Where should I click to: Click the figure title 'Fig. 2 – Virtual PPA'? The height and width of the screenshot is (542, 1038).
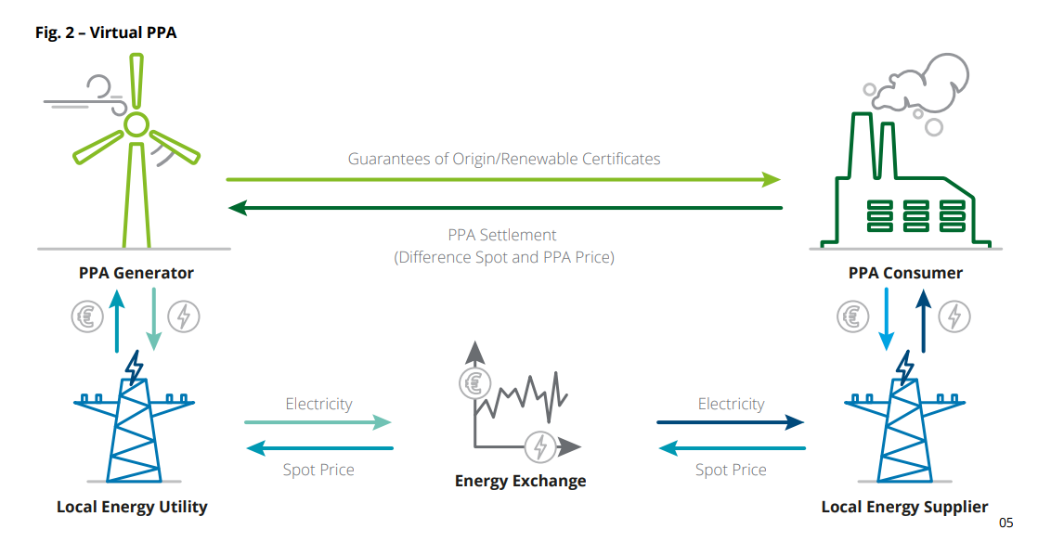coord(106,32)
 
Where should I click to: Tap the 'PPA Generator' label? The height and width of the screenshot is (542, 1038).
coord(136,273)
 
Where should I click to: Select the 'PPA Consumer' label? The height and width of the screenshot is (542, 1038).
coord(905,273)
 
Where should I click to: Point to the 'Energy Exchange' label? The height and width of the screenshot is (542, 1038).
coord(520,481)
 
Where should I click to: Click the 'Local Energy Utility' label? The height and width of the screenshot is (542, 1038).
coord(132,507)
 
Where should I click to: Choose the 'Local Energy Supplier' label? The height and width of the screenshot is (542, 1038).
coord(904,507)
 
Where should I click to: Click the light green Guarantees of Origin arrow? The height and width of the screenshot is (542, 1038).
coord(503,179)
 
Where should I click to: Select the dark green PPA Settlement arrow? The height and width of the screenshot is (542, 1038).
coord(505,208)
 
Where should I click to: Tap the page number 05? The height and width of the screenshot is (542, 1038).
coord(1006,523)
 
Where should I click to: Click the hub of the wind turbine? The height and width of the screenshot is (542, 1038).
coord(136,124)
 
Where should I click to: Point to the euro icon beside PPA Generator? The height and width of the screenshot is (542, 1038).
coord(87,316)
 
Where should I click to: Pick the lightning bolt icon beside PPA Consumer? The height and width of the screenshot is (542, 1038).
coord(954,316)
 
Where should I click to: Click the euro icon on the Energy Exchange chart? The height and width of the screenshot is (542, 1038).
coord(474,383)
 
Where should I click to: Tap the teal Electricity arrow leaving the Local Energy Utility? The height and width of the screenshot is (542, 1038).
coord(318,422)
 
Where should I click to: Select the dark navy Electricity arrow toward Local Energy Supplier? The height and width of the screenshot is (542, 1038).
coord(730,422)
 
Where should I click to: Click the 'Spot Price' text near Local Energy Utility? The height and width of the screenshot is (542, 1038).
coord(318,470)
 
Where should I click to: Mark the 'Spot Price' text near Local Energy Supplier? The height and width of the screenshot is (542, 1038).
coord(731,470)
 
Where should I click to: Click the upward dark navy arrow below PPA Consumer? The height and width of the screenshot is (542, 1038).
coord(924,321)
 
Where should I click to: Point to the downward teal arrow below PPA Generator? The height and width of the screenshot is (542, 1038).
coord(153,319)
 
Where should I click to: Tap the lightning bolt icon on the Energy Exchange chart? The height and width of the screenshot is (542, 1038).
coord(540,446)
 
